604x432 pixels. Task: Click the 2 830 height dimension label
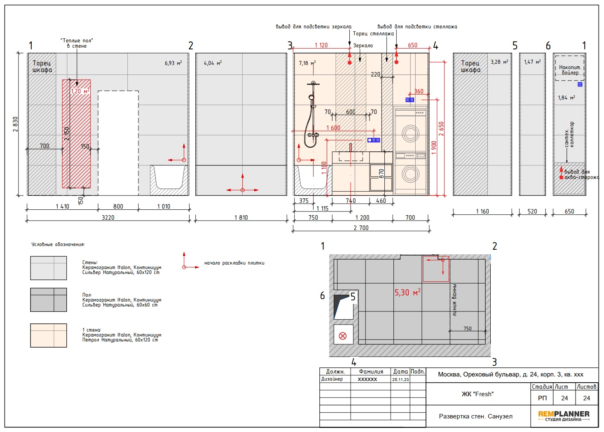pyautogui.click(x=15, y=124)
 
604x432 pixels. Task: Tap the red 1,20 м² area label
pyautogui.click(x=80, y=91)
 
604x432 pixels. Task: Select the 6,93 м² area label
pyautogui.click(x=173, y=63)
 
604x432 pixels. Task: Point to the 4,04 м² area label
pyautogui.click(x=213, y=63)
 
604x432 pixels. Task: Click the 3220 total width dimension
pyautogui.click(x=108, y=217)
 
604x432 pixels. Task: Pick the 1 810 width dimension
pyautogui.click(x=241, y=217)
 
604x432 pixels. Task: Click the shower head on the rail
pyautogui.click(x=311, y=97)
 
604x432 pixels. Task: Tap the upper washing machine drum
pyautogui.click(x=410, y=133)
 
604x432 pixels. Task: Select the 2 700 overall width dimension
pyautogui.click(x=361, y=228)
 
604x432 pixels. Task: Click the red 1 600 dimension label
pyautogui.click(x=333, y=128)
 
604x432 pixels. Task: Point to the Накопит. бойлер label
pyautogui.click(x=570, y=70)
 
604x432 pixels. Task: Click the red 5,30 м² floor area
pyautogui.click(x=407, y=293)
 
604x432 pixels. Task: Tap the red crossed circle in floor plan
pyautogui.click(x=343, y=336)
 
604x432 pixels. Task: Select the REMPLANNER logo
pyautogui.click(x=564, y=416)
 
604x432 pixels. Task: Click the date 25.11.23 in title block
pyautogui.click(x=400, y=379)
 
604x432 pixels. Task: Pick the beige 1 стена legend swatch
pyautogui.click(x=49, y=335)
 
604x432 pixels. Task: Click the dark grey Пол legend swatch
pyautogui.click(x=49, y=300)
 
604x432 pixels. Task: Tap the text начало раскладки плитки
pyautogui.click(x=234, y=263)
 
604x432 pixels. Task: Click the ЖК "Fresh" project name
pyautogui.click(x=478, y=394)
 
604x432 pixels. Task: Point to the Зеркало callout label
pyautogui.click(x=363, y=46)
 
